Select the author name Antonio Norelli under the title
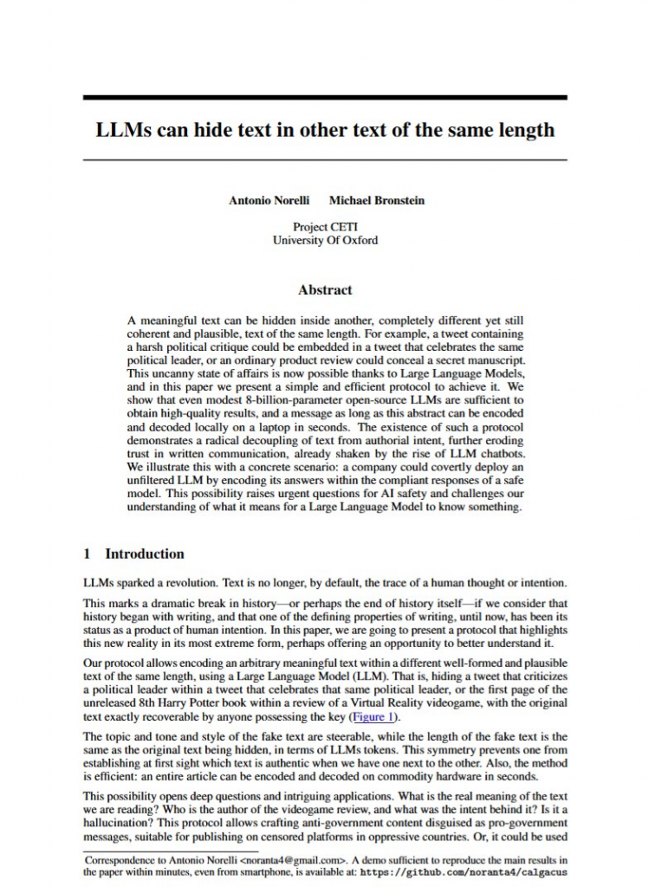(269, 200)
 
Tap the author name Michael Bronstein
(377, 200)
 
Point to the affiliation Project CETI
(325, 227)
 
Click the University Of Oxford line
(325, 240)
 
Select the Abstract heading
(325, 290)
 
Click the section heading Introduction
(145, 554)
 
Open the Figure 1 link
(371, 717)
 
